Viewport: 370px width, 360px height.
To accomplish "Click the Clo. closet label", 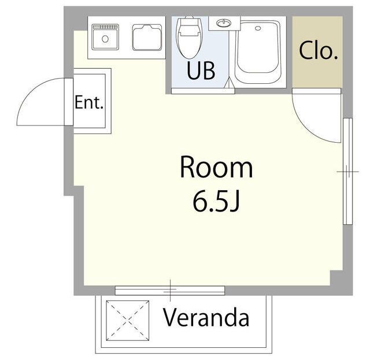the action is pyautogui.click(x=319, y=50).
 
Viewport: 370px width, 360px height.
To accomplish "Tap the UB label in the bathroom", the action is pyautogui.click(x=201, y=70).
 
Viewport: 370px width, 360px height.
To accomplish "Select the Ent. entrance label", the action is pyautogui.click(x=89, y=102).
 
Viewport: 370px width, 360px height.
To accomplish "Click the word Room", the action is pyautogui.click(x=216, y=167).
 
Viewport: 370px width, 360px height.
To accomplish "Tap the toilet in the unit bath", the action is pyautogui.click(x=190, y=38).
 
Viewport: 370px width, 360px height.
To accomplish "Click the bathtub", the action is pyautogui.click(x=258, y=53).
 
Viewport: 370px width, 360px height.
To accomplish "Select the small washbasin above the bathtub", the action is pyautogui.click(x=224, y=23).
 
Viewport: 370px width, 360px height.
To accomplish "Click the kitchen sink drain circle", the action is pyautogui.click(x=105, y=39).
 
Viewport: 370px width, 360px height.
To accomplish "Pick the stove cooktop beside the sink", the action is pyautogui.click(x=147, y=38).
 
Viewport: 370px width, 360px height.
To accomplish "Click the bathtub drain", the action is pyautogui.click(x=258, y=28).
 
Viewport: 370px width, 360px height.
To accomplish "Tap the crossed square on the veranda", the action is pyautogui.click(x=127, y=320).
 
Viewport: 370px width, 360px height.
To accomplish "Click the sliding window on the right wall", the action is pyautogui.click(x=347, y=171).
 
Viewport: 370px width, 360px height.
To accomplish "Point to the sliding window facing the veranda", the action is pyautogui.click(x=170, y=291).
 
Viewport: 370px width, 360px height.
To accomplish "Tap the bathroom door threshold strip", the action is pyautogui.click(x=203, y=91).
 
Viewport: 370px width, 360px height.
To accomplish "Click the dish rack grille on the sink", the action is pyautogui.click(x=105, y=27).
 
